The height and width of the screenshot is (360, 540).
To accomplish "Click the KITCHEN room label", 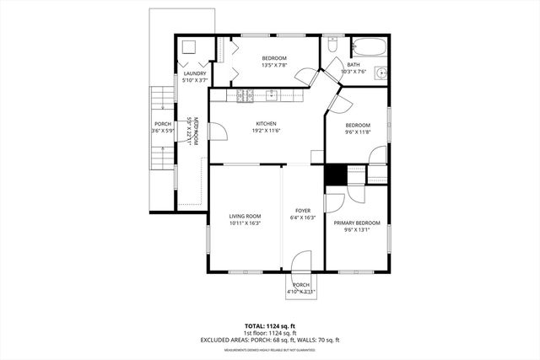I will coord(267,123).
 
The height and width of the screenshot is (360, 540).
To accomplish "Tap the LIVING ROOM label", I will coord(245,216).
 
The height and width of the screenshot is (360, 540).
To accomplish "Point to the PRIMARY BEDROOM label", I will coord(357,223).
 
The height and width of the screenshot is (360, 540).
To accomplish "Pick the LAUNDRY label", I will coord(195,73).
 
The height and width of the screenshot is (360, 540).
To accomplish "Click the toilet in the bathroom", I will coord(332,46).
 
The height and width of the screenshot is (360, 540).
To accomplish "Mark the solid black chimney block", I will coord(336,174).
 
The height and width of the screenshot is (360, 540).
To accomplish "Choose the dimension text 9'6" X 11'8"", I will coord(357,131).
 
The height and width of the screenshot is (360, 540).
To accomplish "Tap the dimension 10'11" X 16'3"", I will coord(245,223).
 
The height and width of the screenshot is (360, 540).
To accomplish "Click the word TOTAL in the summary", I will coord(255,325).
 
